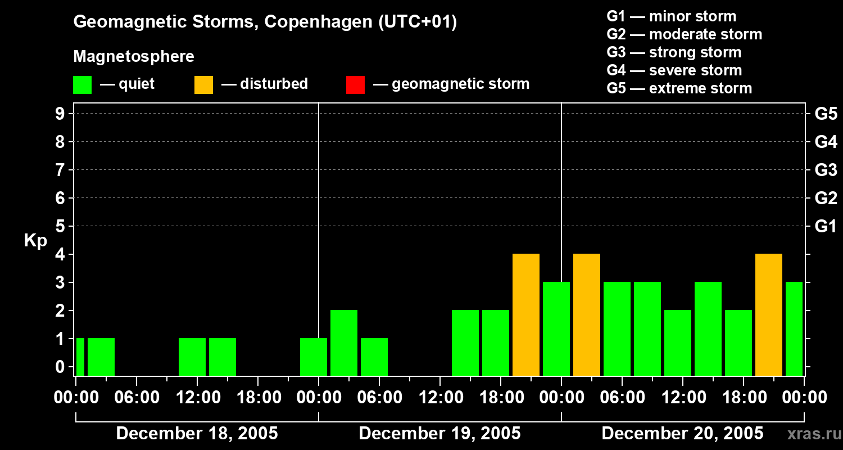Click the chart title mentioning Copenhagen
point(265,22)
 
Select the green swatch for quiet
point(82,84)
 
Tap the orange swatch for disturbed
point(203,84)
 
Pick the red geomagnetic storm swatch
point(355,84)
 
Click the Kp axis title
point(35,241)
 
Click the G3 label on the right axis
point(826,170)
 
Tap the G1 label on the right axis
point(826,227)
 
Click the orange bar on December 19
point(526,315)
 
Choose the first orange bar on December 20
point(587,315)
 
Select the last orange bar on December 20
point(769,315)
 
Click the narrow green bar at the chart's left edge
point(80,357)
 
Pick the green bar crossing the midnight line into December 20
point(556,329)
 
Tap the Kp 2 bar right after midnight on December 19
point(344,343)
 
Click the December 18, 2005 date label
point(197,434)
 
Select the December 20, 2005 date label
point(682,434)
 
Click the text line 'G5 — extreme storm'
point(679,88)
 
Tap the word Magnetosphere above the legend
point(134,57)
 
